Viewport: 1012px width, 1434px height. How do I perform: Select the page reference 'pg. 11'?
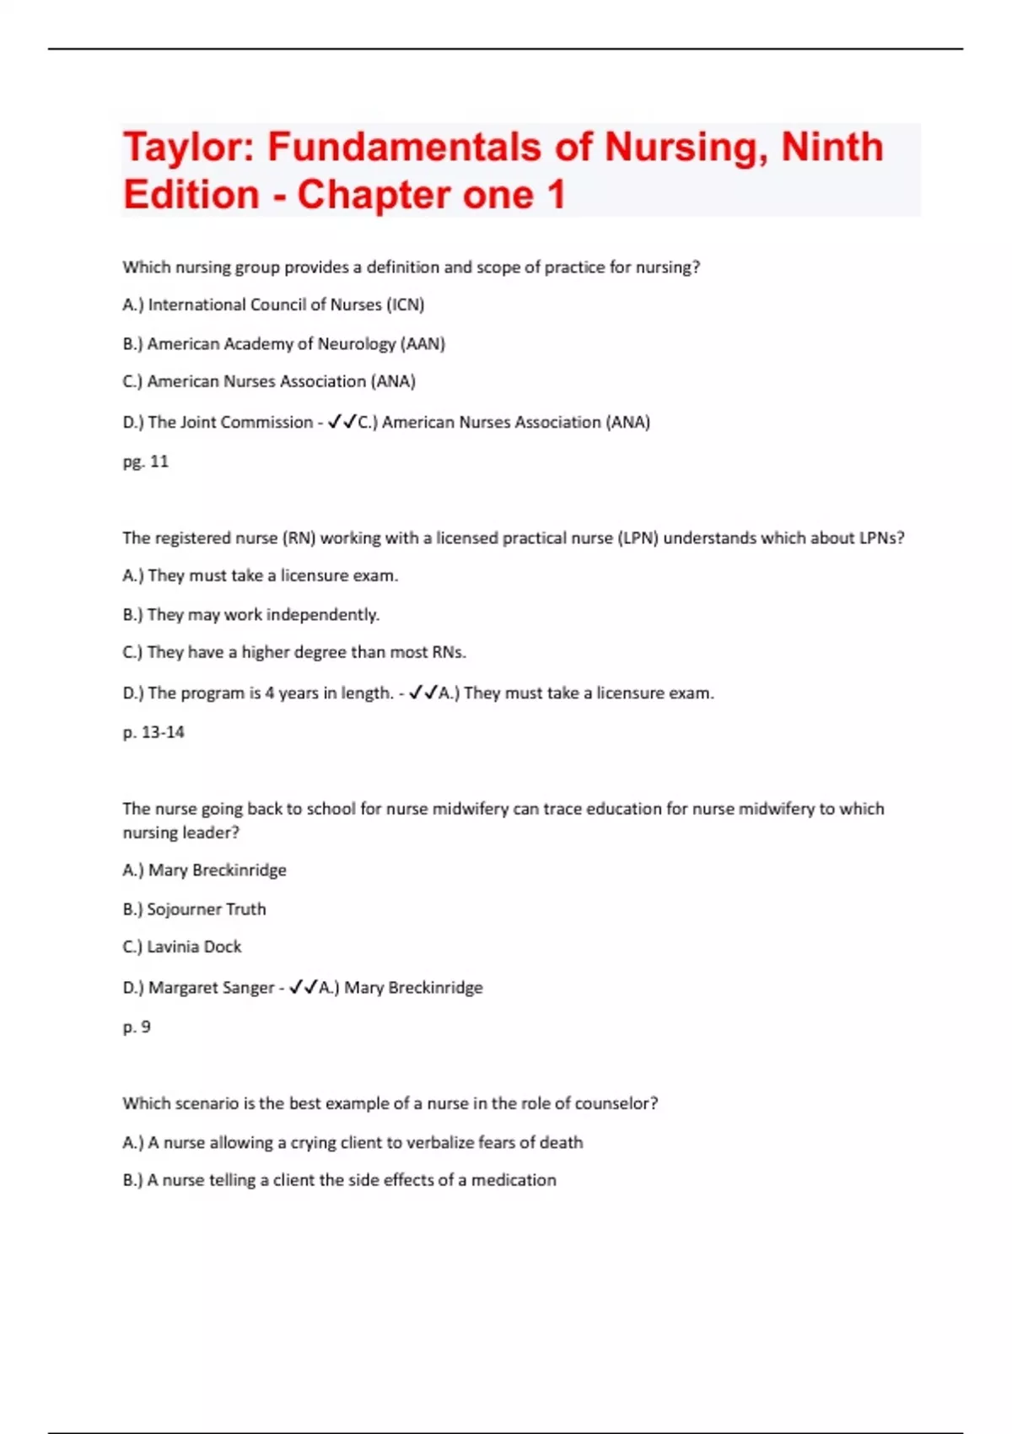point(146,461)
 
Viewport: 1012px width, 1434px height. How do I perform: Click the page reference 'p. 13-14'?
point(153,732)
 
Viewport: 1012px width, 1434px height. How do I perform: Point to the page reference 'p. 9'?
point(137,1027)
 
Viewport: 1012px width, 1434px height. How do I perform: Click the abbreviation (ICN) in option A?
point(405,305)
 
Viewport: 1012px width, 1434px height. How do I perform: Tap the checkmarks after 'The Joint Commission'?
point(342,422)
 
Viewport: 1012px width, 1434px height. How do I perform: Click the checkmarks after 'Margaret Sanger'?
point(303,987)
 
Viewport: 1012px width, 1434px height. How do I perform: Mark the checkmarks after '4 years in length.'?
point(423,693)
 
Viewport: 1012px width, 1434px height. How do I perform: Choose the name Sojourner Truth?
point(207,908)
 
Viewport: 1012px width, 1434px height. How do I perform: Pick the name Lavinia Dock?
point(194,946)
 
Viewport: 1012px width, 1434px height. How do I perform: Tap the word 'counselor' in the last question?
point(616,1103)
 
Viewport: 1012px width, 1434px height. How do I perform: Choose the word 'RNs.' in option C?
point(449,652)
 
